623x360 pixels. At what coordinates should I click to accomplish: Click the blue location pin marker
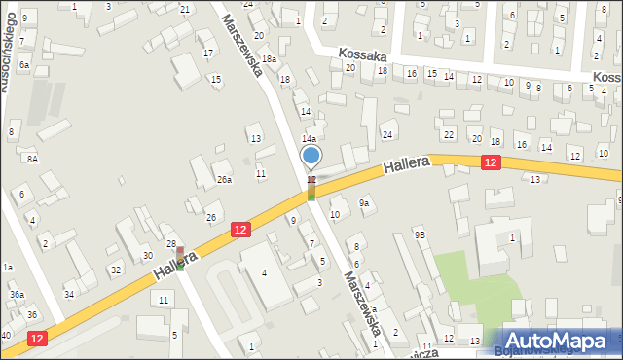point(311,156)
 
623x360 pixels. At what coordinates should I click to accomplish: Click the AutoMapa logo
point(556,341)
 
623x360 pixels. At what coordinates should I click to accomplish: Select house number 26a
point(224,179)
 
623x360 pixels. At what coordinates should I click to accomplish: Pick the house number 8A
point(32,159)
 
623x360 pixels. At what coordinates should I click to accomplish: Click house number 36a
point(17,294)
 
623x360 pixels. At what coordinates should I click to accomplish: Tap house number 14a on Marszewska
point(308,139)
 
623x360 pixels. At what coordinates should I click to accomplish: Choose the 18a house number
point(268,59)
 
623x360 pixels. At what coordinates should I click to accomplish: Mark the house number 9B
point(420,234)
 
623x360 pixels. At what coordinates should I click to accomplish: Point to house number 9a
point(364,202)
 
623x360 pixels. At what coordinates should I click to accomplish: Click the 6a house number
point(23,64)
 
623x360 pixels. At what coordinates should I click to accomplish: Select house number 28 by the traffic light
point(171,243)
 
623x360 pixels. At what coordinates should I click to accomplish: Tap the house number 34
point(69,294)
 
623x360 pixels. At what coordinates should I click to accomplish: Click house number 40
point(6,335)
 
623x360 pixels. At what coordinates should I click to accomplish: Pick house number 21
point(185,9)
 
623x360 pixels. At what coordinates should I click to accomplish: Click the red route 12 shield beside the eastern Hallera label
point(491,164)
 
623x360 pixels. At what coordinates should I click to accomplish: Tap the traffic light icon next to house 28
point(179,258)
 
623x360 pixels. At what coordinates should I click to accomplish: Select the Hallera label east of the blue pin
point(407,168)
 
